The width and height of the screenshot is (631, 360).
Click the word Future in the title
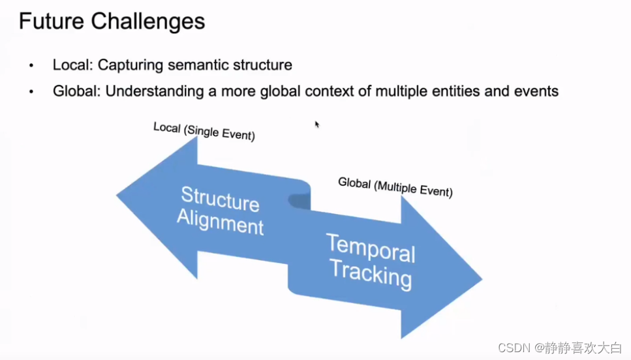coord(51,22)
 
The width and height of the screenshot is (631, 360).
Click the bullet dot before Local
coord(31,66)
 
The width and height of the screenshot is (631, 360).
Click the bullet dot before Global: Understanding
coord(31,91)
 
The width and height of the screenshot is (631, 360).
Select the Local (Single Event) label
coord(204,131)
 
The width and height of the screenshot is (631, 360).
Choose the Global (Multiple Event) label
coord(395,187)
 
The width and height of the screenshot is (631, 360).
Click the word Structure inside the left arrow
coord(220,198)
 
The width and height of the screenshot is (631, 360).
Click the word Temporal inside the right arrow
coord(371,248)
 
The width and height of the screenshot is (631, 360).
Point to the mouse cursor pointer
coord(317,124)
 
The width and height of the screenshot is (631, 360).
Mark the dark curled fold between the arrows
coord(300,202)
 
